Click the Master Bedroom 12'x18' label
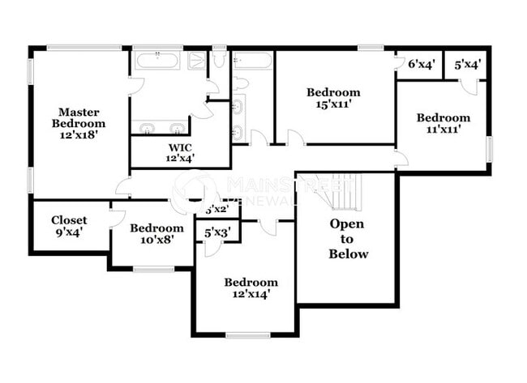click(x=79, y=123)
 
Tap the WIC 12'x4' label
click(x=180, y=152)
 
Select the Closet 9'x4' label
click(x=69, y=226)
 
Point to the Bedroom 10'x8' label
click(x=156, y=234)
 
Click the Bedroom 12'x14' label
click(x=251, y=287)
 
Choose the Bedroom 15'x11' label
click(x=333, y=97)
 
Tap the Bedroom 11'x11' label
click(x=443, y=123)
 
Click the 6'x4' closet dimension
click(x=422, y=64)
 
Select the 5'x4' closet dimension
click(x=468, y=64)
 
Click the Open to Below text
click(x=348, y=239)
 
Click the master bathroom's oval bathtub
click(x=158, y=60)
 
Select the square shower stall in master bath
click(x=198, y=61)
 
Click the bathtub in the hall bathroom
click(x=252, y=60)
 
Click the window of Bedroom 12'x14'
click(x=247, y=335)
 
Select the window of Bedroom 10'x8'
click(x=153, y=268)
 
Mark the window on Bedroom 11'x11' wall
click(x=489, y=148)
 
